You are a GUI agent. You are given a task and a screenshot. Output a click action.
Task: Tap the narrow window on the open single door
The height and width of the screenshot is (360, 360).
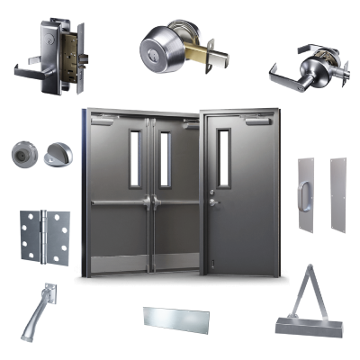point(224,157)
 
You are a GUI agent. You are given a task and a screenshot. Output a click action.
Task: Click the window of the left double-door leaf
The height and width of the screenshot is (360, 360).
point(135,158)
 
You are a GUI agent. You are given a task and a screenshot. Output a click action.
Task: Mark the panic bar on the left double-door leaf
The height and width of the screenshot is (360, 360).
point(119,203)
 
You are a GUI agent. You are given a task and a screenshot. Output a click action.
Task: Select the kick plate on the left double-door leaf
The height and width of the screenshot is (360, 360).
point(118,261)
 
